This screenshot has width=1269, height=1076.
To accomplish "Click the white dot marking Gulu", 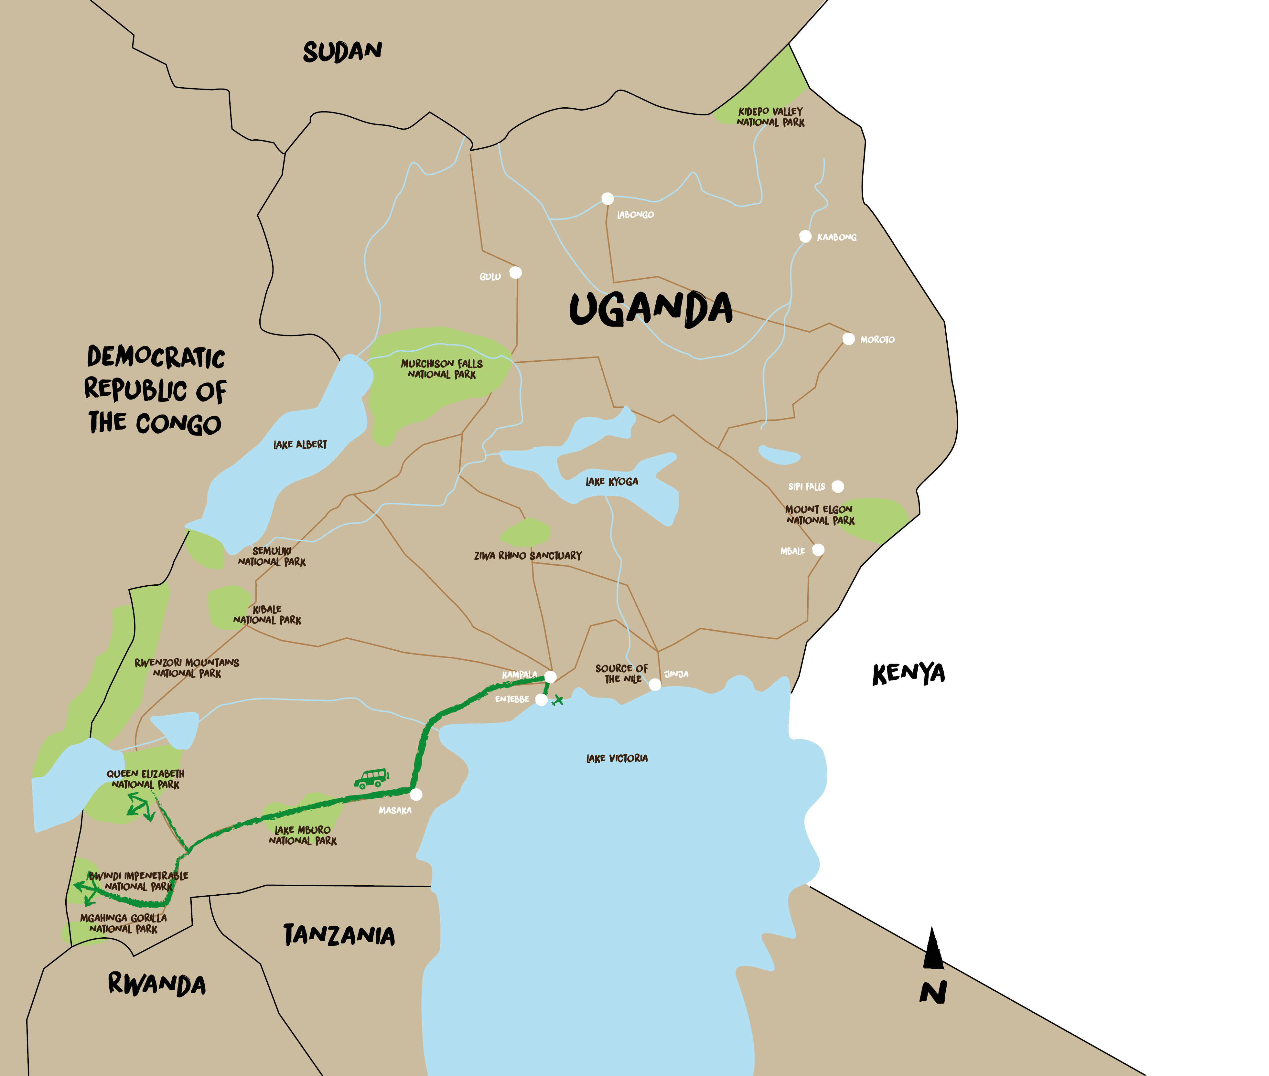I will (516, 273).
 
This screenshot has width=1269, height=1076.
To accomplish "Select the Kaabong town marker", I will (805, 236).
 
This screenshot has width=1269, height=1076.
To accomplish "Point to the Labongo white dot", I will (608, 198).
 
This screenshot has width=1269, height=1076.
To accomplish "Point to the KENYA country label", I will (909, 673).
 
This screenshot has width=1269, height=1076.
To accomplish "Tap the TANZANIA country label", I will (339, 935).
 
